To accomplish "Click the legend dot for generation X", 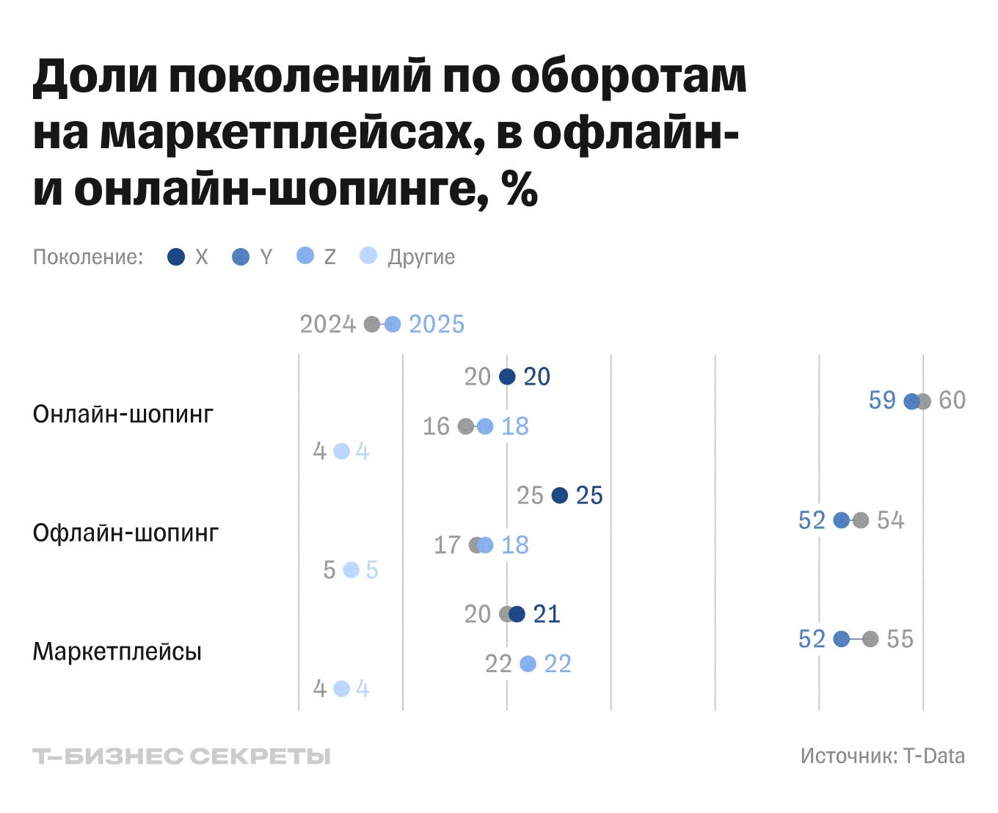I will [x=176, y=257].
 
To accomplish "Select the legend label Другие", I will [x=421, y=257].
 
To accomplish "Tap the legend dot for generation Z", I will [x=305, y=256].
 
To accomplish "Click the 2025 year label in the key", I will [x=437, y=324].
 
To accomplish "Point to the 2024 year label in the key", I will [x=327, y=324].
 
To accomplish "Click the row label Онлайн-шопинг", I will [x=123, y=415].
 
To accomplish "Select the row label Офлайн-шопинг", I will [x=125, y=533].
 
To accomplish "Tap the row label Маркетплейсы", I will [x=117, y=652].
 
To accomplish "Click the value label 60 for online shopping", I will [x=953, y=401].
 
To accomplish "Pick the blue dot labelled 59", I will [x=911, y=401].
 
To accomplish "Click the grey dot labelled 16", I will [x=465, y=426].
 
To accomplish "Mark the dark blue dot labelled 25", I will [x=559, y=495].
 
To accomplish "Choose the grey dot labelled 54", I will [x=861, y=520].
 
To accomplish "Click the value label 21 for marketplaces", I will [x=547, y=614].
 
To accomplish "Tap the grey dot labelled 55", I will [x=870, y=639].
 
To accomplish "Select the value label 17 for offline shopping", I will [x=447, y=545].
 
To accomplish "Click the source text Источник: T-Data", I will [x=883, y=757].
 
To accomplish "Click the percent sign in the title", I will [x=520, y=189].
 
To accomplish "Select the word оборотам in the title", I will [x=629, y=76].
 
